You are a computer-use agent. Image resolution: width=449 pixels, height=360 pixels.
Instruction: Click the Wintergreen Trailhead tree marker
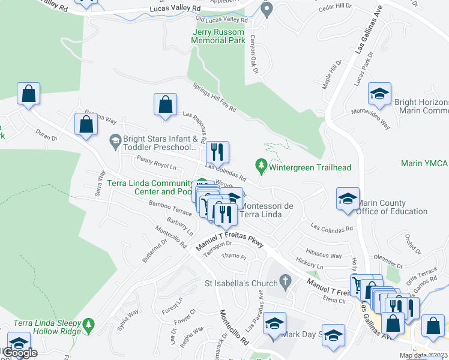[261, 163]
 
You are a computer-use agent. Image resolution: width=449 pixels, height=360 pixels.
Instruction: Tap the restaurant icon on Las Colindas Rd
[218, 152]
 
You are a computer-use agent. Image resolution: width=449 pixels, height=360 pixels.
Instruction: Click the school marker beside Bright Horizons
[379, 94]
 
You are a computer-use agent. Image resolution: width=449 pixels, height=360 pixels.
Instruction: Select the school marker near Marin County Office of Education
[347, 198]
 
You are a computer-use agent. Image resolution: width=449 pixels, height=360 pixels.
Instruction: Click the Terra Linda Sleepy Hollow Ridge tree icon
[89, 324]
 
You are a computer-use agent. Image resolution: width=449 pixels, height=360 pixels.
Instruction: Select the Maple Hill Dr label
[331, 74]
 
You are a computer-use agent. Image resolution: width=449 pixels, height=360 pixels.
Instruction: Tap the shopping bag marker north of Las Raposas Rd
[165, 104]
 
